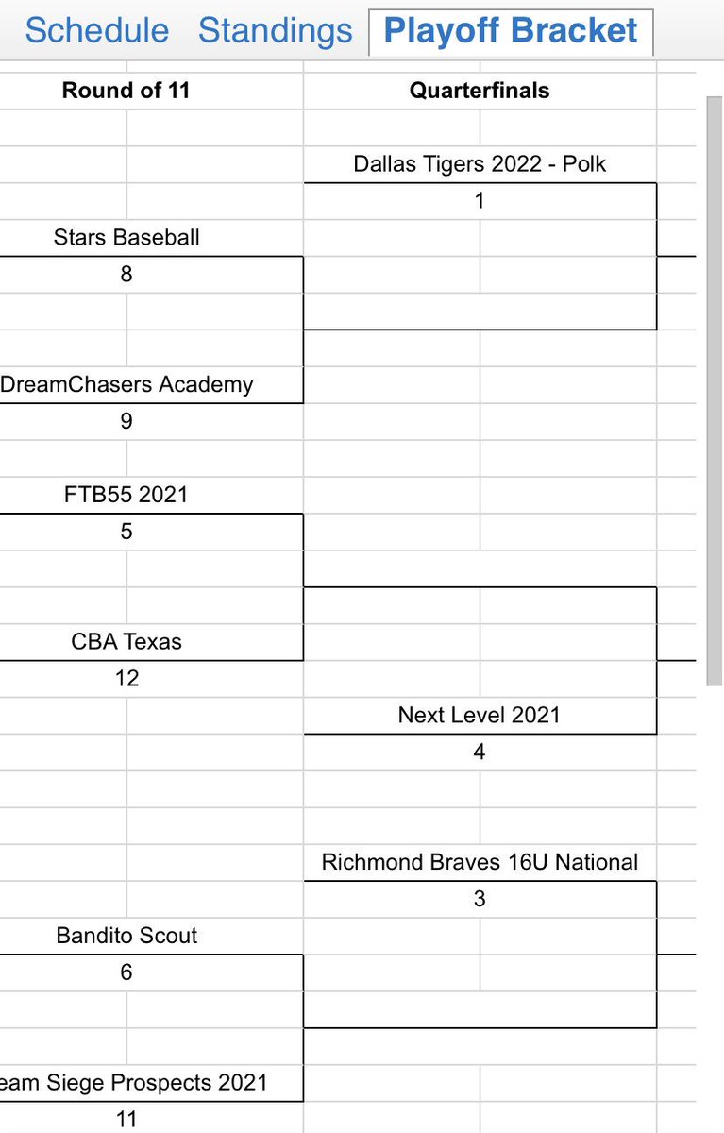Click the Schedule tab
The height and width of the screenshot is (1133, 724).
pos(96,31)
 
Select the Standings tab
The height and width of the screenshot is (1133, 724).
pos(275,31)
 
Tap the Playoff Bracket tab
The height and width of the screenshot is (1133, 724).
pos(511,31)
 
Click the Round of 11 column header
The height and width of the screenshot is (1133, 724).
pos(126,91)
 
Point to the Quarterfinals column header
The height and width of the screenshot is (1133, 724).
pos(480,91)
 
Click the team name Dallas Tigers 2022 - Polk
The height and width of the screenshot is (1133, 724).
pos(480,164)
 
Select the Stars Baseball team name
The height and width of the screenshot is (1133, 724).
pos(126,238)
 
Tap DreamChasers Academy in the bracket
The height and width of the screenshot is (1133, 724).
pos(126,385)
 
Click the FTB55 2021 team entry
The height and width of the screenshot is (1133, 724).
pos(126,495)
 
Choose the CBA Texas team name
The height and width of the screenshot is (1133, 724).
pos(126,642)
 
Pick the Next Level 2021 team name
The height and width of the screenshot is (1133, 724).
pos(480,716)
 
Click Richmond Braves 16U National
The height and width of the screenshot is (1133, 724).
pos(480,862)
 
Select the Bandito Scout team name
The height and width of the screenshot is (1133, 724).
pos(126,936)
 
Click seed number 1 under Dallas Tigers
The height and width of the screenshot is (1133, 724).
pos(480,201)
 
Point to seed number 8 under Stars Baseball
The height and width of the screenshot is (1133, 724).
pos(126,275)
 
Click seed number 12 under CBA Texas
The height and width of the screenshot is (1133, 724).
pos(126,679)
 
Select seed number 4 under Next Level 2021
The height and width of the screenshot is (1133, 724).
pos(480,753)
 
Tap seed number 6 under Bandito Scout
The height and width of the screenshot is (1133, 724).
pos(126,972)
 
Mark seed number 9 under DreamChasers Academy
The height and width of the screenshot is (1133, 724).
pos(126,422)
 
